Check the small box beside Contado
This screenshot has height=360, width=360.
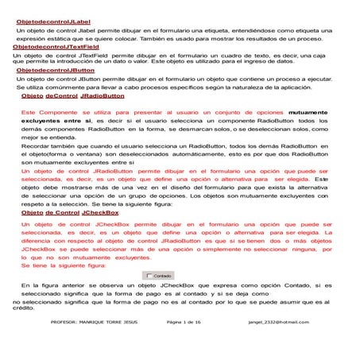click(147, 276)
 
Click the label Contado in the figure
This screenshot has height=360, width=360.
click(162, 276)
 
